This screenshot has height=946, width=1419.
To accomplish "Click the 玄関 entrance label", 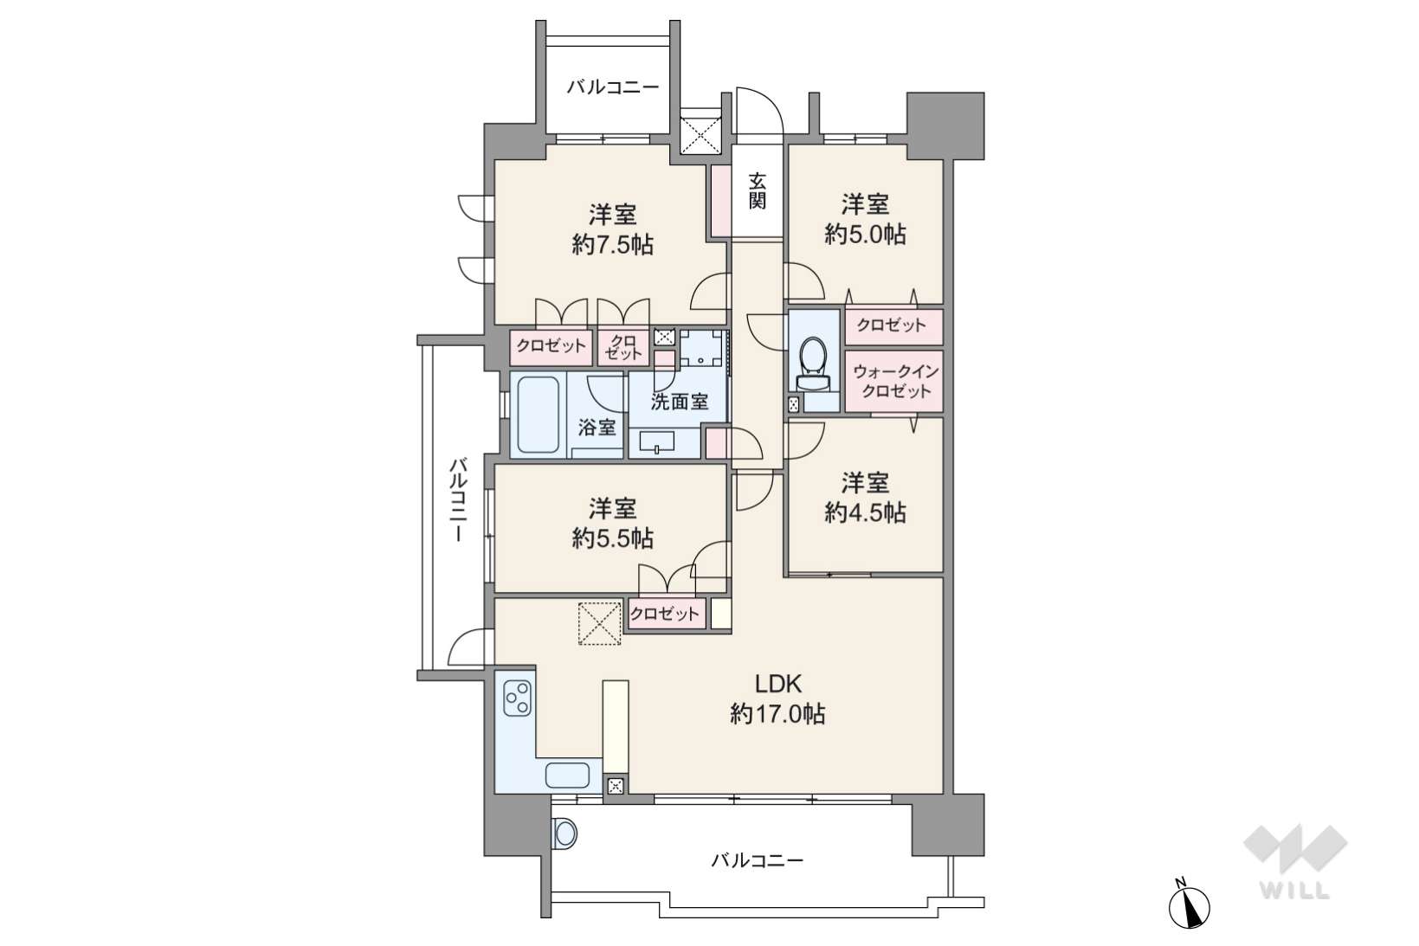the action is pyautogui.click(x=757, y=191).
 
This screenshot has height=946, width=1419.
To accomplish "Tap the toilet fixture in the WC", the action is pyautogui.click(x=813, y=364).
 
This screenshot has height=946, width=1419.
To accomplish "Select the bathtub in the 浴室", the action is pyautogui.click(x=538, y=415).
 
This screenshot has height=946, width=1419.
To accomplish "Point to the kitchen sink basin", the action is pyautogui.click(x=568, y=775).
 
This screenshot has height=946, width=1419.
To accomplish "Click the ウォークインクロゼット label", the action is pyautogui.click(x=894, y=381).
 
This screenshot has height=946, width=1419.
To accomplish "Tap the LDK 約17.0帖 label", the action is pyautogui.click(x=777, y=699).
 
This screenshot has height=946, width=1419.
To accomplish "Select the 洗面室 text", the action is pyautogui.click(x=679, y=402).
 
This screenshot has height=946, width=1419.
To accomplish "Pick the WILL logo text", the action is pyautogui.click(x=1295, y=891).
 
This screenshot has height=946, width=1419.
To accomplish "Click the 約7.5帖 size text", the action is pyautogui.click(x=613, y=244).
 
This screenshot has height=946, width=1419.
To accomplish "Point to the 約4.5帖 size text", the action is pyautogui.click(x=865, y=512).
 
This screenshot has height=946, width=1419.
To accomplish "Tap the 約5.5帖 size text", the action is pyautogui.click(x=613, y=537).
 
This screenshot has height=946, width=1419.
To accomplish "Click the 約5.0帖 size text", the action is pyautogui.click(x=865, y=234).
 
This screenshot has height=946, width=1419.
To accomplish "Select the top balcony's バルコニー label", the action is pyautogui.click(x=613, y=87).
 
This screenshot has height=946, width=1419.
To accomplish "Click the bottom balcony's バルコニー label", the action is pyautogui.click(x=757, y=860).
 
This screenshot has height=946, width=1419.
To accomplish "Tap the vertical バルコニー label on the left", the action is pyautogui.click(x=458, y=500).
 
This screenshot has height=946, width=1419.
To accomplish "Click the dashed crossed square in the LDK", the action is pyautogui.click(x=599, y=623).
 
